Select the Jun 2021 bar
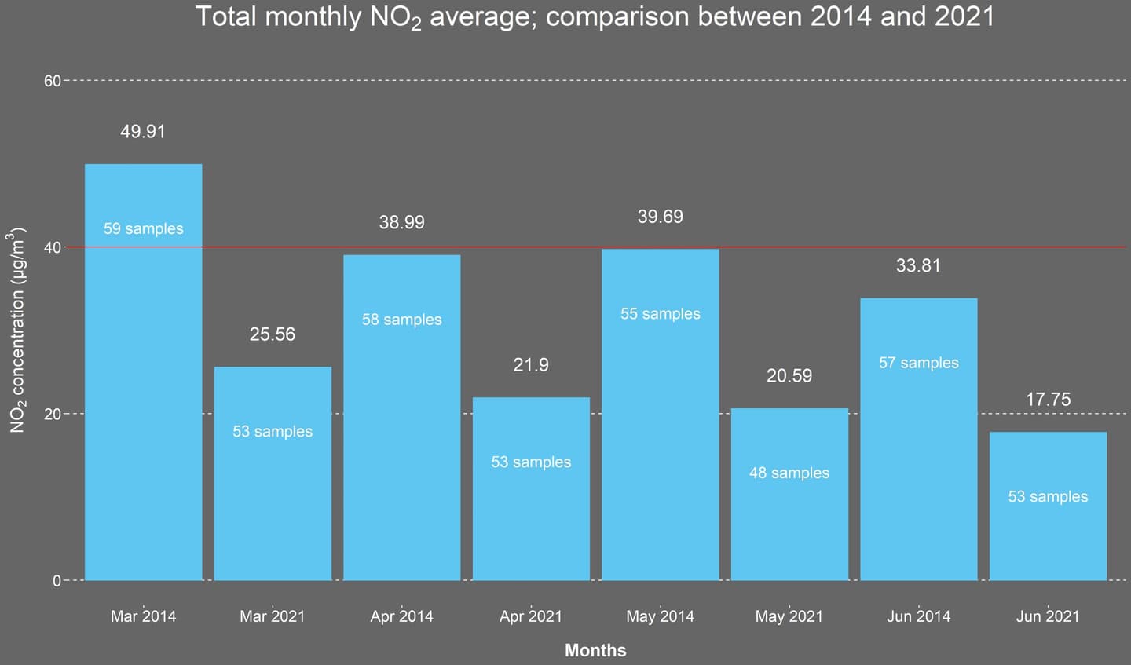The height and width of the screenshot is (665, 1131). [1048, 534]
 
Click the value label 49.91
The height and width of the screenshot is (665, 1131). [143, 132]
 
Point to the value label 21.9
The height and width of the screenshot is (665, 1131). [531, 365]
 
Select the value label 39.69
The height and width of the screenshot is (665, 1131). [660, 217]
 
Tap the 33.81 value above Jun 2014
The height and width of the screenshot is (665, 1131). [918, 266]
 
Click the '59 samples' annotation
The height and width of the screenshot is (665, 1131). [143, 229]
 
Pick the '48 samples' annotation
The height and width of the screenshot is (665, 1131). [789, 473]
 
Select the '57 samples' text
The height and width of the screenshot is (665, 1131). [918, 364]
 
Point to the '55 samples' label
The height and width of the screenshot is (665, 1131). [660, 314]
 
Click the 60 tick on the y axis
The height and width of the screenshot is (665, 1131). [52, 81]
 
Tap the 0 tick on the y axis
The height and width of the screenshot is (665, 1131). [57, 581]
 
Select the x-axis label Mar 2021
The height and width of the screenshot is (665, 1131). [273, 616]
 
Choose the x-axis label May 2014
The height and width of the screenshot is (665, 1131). [660, 616]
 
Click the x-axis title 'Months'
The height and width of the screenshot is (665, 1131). [595, 650]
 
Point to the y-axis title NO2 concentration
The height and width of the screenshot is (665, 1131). [18, 330]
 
